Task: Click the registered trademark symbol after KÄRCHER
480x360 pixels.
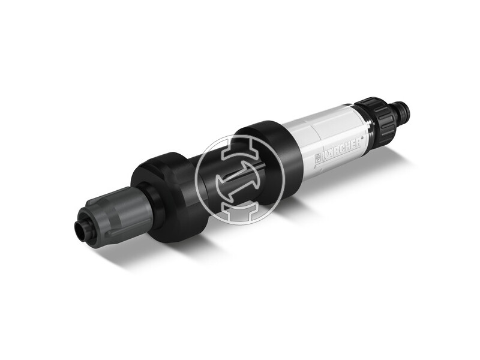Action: click(362, 137)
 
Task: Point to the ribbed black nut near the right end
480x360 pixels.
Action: click(376, 118)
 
